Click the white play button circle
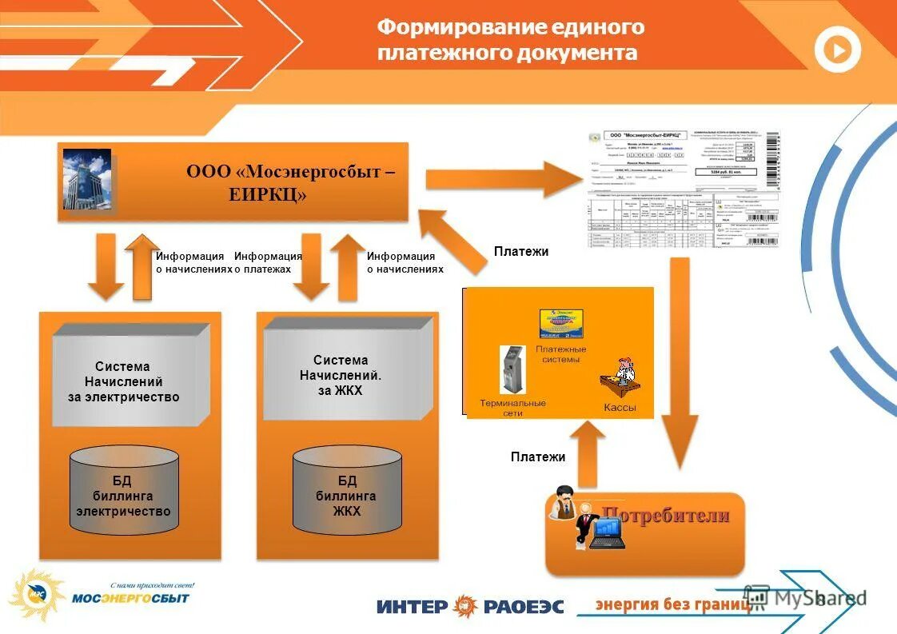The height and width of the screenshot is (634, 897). (837, 50)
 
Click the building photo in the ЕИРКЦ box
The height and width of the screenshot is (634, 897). (87, 179)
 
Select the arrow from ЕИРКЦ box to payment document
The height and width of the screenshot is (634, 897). (496, 179)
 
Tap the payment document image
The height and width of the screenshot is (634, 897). (684, 189)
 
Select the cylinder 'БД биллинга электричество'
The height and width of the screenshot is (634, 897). (123, 491)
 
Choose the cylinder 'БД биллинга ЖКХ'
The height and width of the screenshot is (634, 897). (347, 491)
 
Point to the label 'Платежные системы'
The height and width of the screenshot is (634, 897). (561, 354)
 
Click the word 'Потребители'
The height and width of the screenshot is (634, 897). (665, 515)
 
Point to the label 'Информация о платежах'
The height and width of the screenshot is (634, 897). (268, 263)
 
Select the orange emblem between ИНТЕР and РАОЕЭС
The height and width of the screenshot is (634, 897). (465, 606)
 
